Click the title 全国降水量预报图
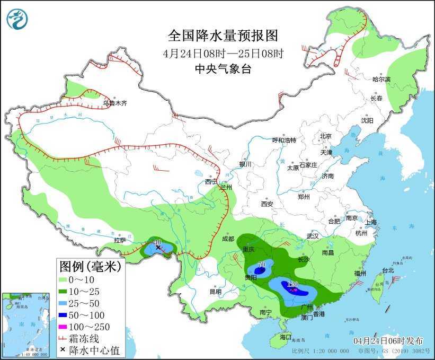223,36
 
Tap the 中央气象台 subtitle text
223,68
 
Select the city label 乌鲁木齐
114,103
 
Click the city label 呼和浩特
284,140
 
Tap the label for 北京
325,136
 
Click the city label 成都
228,239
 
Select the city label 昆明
215,291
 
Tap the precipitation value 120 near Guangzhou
292,285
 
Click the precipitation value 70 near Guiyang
261,265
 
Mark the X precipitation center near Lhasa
158,247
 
